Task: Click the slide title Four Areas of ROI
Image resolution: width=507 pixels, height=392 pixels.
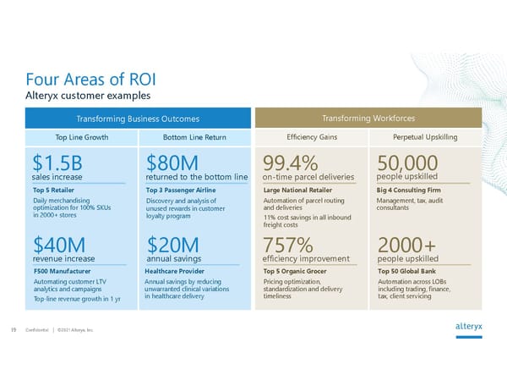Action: tap(91, 80)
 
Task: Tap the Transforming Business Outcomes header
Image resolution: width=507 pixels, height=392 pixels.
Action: tap(138, 119)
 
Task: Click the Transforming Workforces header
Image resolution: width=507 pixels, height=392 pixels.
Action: tap(368, 119)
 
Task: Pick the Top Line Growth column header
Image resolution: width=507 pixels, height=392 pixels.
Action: tap(81, 136)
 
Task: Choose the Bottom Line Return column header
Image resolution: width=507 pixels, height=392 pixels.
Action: tap(195, 136)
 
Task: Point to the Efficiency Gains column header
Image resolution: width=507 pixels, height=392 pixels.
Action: tap(311, 136)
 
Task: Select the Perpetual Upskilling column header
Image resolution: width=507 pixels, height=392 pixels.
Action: tap(426, 136)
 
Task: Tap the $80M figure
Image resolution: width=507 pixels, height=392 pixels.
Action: tap(172, 163)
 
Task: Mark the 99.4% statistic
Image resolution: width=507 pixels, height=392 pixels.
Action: tap(291, 163)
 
